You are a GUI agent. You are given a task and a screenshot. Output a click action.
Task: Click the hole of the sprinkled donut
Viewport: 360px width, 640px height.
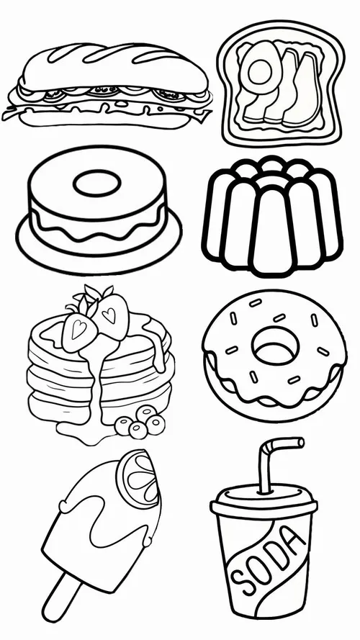[275, 347]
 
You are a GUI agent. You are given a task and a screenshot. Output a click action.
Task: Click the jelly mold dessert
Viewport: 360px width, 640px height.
[272, 216]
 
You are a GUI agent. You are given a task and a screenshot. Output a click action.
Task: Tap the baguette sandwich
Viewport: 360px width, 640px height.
[108, 85]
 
